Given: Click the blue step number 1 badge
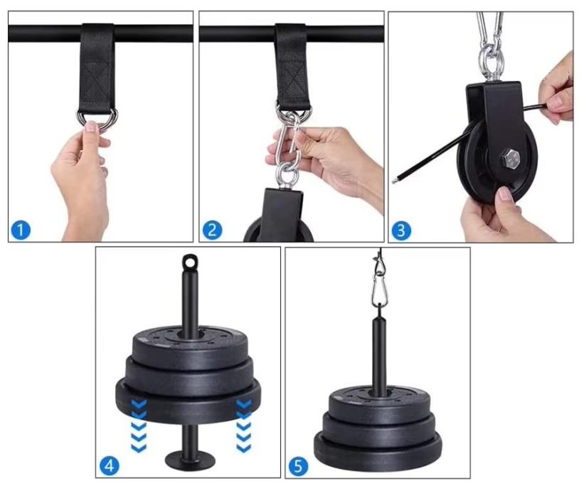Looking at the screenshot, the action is pos(21,230).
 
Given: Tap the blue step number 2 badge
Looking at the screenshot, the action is pos(212,230).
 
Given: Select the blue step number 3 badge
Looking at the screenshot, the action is pos(400,231).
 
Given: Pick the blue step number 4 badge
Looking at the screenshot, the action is pos(110,465).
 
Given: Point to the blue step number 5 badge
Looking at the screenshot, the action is pos(298,466).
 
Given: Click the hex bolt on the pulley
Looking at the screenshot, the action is pos(509,159).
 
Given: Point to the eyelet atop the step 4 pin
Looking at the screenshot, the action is pos(190,261).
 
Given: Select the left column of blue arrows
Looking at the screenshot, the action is pos(139,425).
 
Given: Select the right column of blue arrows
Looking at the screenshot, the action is pos(244,425).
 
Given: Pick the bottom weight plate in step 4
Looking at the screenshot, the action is pos(189,402).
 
